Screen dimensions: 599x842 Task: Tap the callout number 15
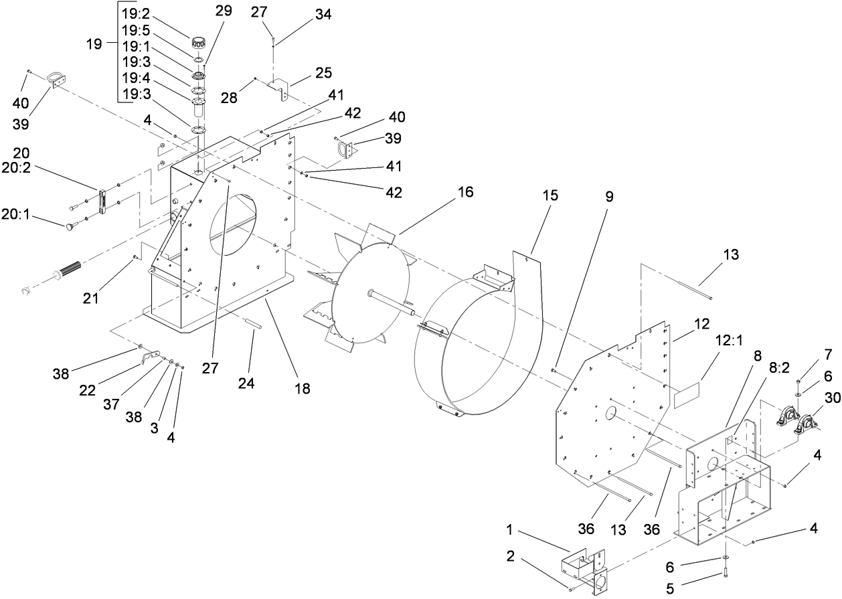pos(550,196)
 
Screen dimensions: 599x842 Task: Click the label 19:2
pos(136,11)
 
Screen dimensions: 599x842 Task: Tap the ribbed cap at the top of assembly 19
pos(197,41)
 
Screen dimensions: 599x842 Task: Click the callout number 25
pos(323,72)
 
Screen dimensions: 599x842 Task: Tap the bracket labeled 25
pos(281,90)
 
